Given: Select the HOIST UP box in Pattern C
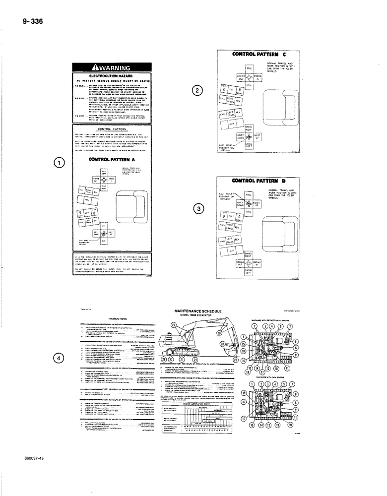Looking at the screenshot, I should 258,135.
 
